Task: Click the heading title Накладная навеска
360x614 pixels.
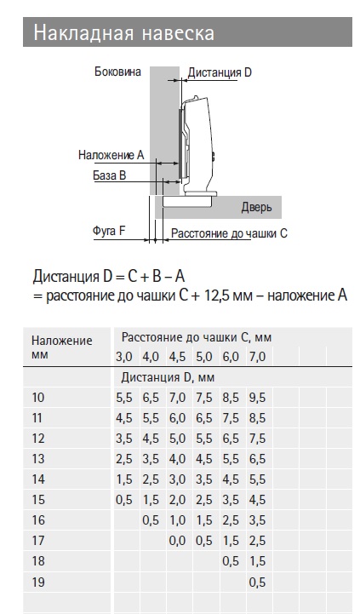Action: tap(123, 32)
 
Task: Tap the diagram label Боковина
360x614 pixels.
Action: tap(117, 72)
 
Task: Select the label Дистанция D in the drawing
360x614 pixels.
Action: tap(220, 72)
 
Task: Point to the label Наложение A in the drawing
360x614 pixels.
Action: tap(111, 155)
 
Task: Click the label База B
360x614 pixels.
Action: tap(110, 175)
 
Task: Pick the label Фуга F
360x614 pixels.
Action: tap(109, 231)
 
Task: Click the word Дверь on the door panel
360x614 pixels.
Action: tap(256, 207)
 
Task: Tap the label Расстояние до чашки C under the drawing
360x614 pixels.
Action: tap(229, 234)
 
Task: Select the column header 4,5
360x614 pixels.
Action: tap(177, 357)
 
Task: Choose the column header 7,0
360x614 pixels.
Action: tap(257, 357)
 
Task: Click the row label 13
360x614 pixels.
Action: tap(38, 458)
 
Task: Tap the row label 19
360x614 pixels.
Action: tap(38, 582)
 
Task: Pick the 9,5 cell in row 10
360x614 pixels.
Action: tap(257, 398)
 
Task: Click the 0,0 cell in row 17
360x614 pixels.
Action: tap(177, 541)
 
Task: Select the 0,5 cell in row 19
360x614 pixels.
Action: tap(257, 582)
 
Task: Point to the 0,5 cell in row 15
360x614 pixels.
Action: tap(124, 500)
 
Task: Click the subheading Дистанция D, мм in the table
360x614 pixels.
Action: tap(168, 377)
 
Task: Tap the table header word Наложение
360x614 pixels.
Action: tap(62, 341)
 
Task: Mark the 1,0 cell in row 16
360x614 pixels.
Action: tap(177, 520)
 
